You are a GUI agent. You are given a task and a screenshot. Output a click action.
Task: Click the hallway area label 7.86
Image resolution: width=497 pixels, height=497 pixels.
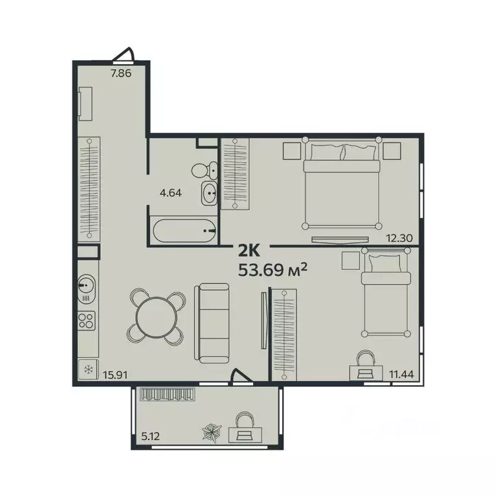tap(121, 73)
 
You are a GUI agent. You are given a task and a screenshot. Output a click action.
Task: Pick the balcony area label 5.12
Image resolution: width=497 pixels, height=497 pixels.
tap(151, 436)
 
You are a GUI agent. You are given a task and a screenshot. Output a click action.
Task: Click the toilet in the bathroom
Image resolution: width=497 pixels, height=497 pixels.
tap(203, 170)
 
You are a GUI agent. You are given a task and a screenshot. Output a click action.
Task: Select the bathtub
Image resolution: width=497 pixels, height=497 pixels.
tap(185, 230)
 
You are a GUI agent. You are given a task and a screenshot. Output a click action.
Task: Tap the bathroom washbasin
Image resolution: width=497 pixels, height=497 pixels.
tap(210, 192)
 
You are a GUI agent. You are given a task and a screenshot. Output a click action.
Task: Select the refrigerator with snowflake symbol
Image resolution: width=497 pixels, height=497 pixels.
tap(87, 371)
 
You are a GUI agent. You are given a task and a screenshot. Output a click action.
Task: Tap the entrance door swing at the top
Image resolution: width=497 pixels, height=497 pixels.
tap(126, 56)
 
